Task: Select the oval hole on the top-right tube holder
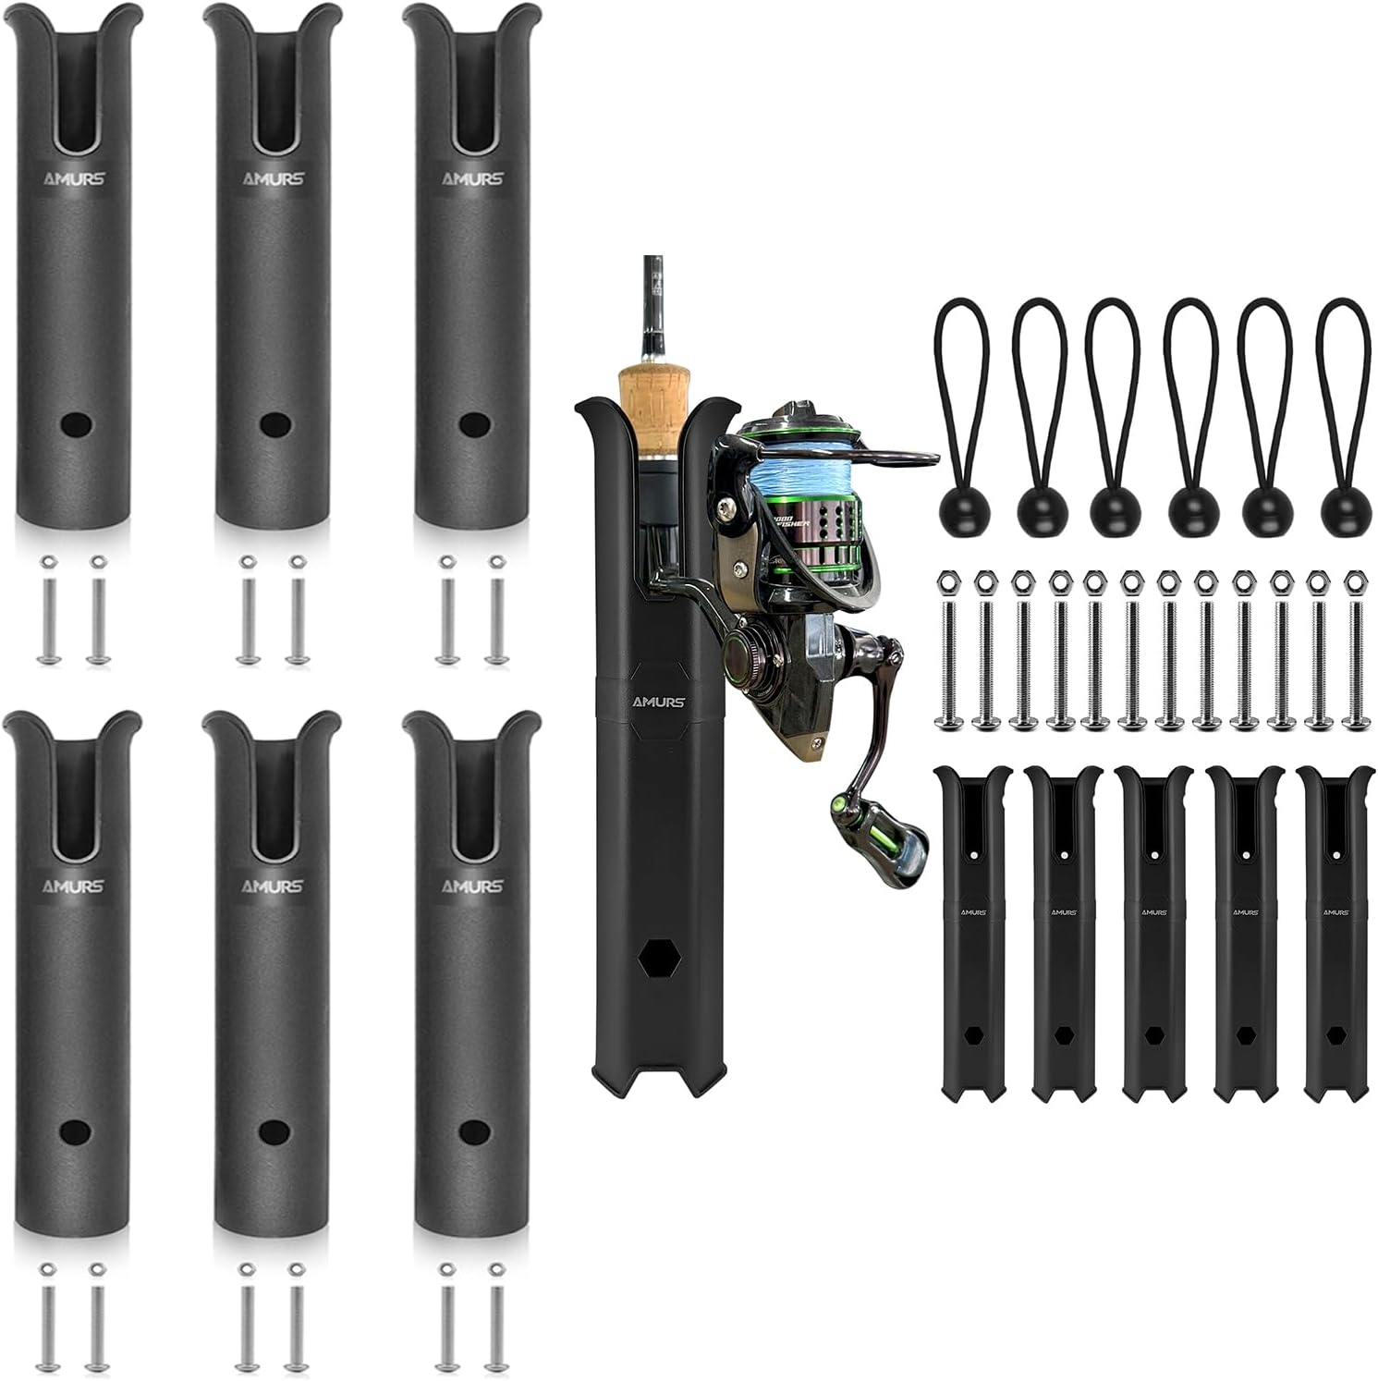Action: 474,424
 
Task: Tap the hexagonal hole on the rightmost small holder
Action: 1336,1033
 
